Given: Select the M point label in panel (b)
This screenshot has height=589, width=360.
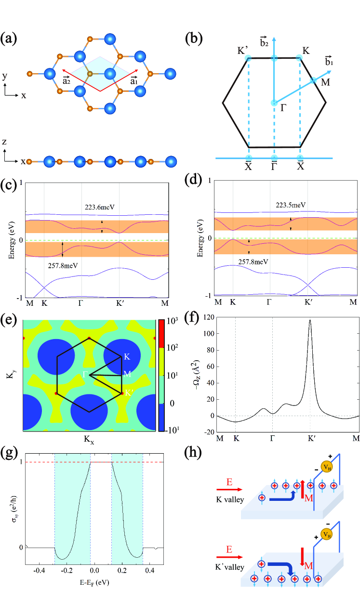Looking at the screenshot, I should [x=325, y=82].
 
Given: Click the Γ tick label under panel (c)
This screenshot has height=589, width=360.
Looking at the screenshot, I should [x=81, y=304].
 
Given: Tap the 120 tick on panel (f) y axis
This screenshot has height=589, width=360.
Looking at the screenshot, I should [x=206, y=317].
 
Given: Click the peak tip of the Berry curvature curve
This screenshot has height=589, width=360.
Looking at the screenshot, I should [x=310, y=320].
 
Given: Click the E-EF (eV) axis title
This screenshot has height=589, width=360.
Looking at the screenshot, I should [x=94, y=582].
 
